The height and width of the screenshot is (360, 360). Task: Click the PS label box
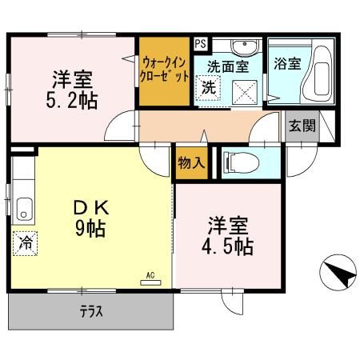[200, 45]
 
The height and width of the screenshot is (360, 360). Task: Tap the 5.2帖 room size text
[73, 101]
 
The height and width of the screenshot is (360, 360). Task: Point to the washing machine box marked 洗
[208, 88]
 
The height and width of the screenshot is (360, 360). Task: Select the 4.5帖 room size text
[228, 246]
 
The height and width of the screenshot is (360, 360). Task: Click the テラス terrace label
[90, 312]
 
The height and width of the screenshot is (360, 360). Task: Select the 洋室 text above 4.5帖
[228, 223]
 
